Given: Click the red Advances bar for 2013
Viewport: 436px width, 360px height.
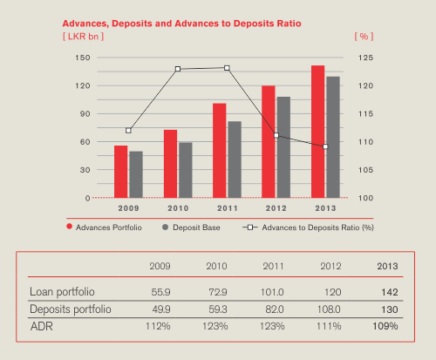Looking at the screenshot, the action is coord(317,132).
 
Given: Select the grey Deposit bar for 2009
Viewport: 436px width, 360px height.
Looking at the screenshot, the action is coord(136,174).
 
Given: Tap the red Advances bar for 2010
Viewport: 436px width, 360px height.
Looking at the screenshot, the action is coord(170,164).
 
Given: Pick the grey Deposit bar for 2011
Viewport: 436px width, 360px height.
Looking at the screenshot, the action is coord(235,160).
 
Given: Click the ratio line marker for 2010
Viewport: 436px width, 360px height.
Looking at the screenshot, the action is coord(178,69).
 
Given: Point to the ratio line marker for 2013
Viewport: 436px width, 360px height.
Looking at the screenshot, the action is coord(325,146).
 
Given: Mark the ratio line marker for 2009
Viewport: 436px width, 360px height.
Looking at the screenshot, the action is coord(128,131).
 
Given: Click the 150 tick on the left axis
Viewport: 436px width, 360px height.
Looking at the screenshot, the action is coord(83,58).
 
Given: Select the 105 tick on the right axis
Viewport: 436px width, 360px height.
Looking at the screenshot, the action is coord(365,170).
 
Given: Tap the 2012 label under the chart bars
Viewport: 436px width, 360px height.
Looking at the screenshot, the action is coord(276,208).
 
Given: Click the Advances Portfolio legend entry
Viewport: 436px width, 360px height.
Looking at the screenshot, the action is coord(104,228).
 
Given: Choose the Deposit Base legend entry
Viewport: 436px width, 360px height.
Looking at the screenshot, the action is coord(191,228).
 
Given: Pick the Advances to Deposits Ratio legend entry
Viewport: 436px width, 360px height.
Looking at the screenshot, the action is coord(308,228).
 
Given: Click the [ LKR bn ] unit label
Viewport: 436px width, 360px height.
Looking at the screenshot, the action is coord(84,37).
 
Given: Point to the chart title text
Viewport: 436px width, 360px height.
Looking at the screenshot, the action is coord(182,24).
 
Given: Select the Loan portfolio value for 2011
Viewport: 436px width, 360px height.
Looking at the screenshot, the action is coord(272,292).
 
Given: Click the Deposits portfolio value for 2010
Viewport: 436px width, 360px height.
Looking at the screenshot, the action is coord(218,309).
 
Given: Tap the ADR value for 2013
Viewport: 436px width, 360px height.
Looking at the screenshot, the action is coord(385,326).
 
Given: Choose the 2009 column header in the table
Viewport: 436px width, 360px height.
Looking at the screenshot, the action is coord(160,266).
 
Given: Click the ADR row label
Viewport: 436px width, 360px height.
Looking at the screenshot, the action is coord(42,327).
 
